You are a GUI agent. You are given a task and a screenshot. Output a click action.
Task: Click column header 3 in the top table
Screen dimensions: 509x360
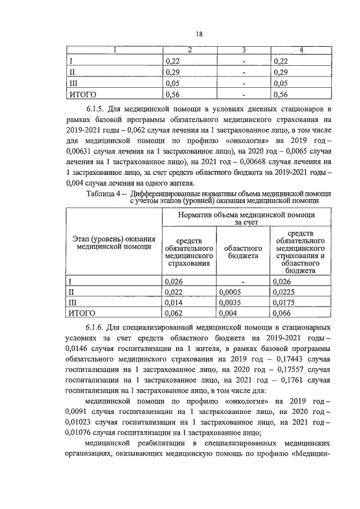244,51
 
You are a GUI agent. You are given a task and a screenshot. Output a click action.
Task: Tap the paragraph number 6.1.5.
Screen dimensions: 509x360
98,107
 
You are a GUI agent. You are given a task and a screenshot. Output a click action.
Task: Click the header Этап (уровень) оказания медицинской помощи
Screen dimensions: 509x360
115,242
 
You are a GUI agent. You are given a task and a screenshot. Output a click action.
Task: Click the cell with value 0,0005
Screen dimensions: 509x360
231,292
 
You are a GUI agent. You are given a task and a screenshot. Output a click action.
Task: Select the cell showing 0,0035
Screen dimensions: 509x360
231,303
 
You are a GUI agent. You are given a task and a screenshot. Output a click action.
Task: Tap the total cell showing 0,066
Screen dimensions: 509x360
283,313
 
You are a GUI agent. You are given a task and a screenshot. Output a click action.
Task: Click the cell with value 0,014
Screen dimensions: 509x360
175,303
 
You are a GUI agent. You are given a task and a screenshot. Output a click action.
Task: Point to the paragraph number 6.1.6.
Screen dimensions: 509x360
98,327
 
